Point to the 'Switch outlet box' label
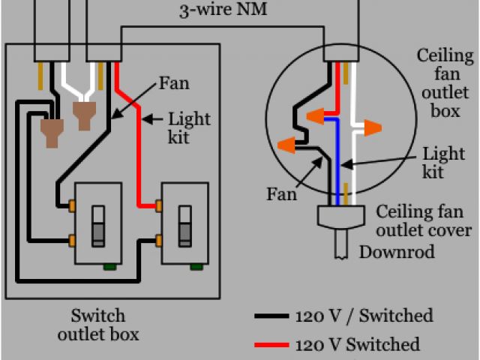[x=97, y=324]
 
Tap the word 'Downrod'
[x=397, y=252]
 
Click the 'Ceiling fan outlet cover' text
[x=424, y=220]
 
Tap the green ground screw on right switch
[x=196, y=265]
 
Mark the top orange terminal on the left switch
[x=73, y=204]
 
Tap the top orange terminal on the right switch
[x=160, y=204]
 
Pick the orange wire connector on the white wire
[x=369, y=128]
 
